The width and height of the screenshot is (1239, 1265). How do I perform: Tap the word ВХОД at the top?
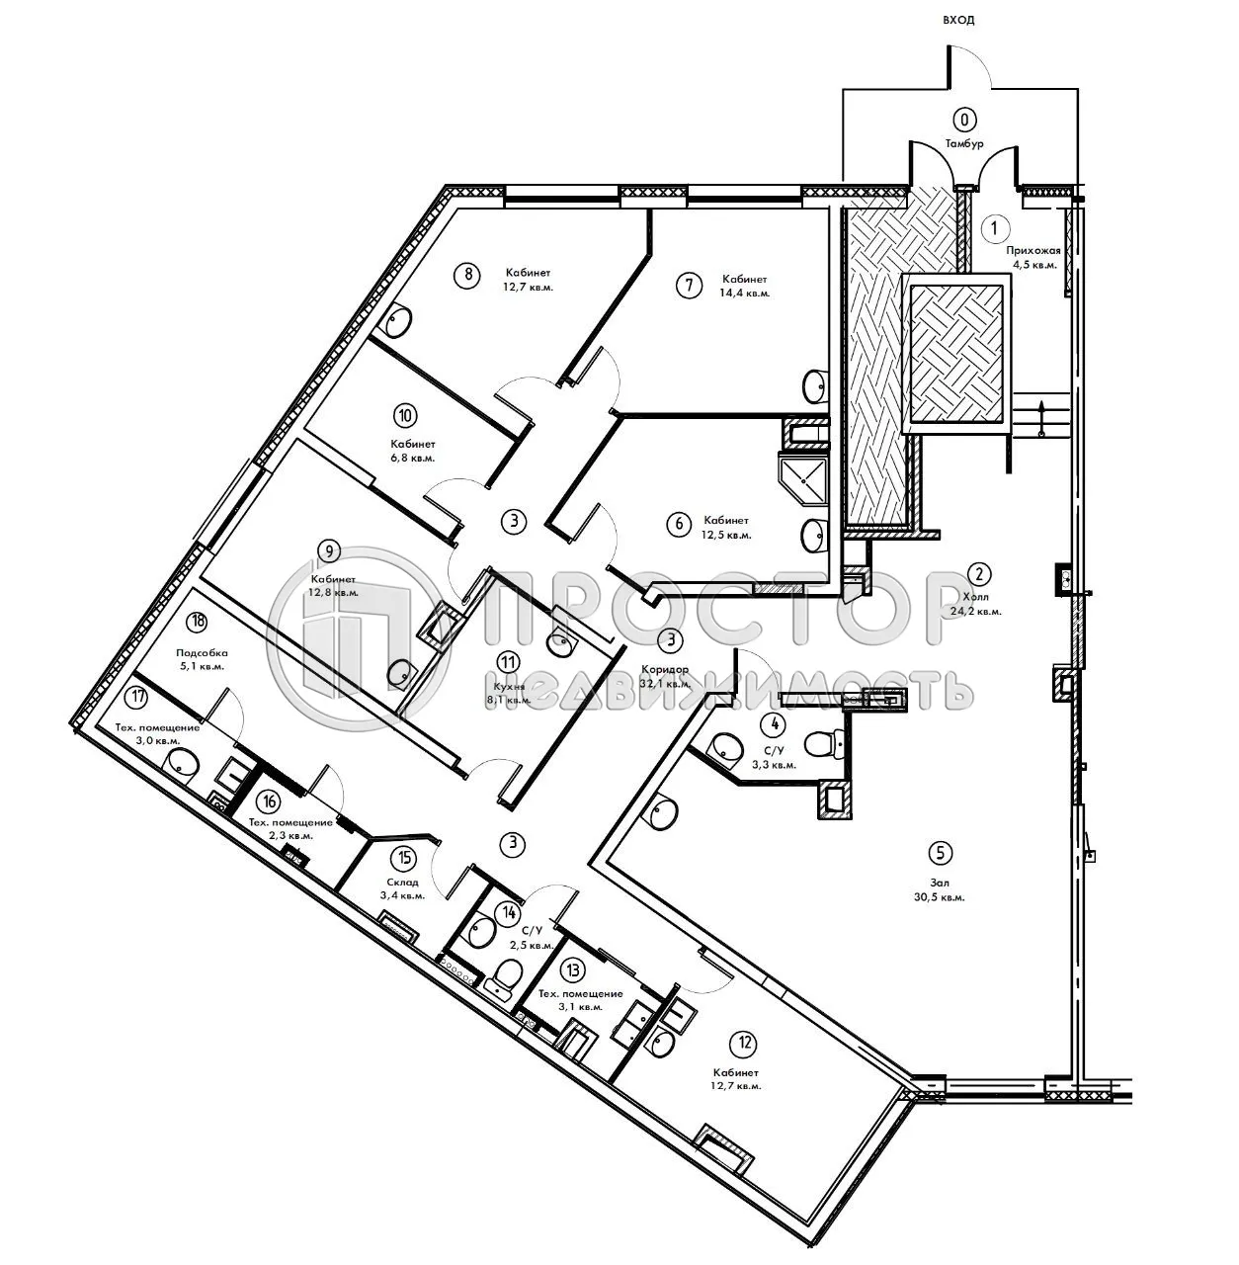pyautogui.click(x=957, y=20)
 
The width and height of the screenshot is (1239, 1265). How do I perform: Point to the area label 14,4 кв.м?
pyautogui.click(x=744, y=294)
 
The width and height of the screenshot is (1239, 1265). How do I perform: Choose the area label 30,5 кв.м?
pyautogui.click(x=939, y=897)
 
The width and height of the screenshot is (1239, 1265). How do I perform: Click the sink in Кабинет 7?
pyautogui.click(x=816, y=386)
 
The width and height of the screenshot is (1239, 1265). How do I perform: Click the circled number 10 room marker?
pyautogui.click(x=405, y=416)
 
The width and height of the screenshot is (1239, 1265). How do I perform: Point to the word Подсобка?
pyautogui.click(x=202, y=652)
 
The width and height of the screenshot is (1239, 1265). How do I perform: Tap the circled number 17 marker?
pyautogui.click(x=138, y=697)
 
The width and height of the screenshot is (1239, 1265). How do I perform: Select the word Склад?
pyautogui.click(x=402, y=882)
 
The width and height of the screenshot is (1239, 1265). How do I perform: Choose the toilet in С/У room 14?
pyautogui.click(x=505, y=976)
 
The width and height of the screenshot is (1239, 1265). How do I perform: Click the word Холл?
pyautogui.click(x=976, y=597)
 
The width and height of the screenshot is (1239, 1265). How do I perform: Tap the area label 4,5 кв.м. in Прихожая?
pyautogui.click(x=1032, y=265)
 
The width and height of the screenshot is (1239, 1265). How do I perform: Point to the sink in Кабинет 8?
pyautogui.click(x=399, y=319)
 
